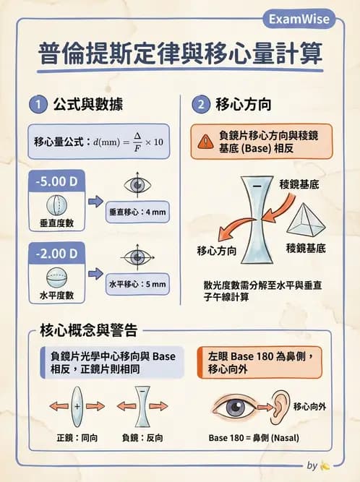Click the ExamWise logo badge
(298, 18)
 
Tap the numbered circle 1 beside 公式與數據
(37, 105)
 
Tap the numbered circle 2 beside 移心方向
(200, 105)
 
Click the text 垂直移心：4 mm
(137, 212)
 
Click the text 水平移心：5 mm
(137, 284)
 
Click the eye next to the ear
(233, 408)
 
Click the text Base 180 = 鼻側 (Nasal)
(254, 438)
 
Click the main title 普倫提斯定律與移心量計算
(180, 56)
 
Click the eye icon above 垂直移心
(137, 184)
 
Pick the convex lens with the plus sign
(77, 406)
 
